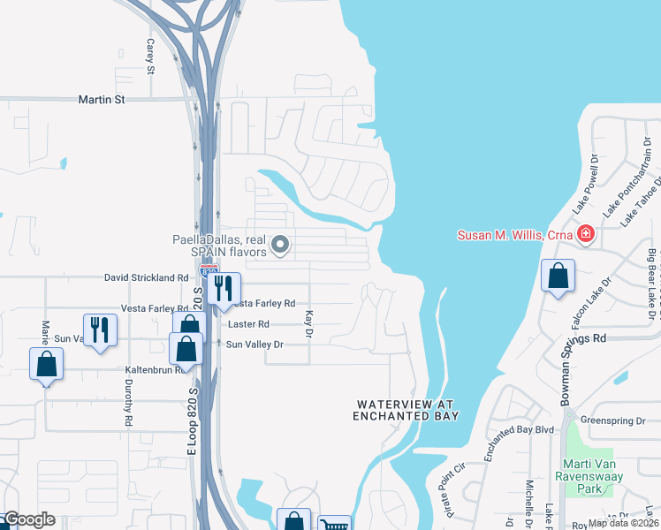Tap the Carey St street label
[151, 57]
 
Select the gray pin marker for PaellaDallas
[280, 245]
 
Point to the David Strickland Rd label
[147, 277]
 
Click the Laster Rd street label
[248, 324]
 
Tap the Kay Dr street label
[308, 323]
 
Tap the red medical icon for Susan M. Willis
[584, 234]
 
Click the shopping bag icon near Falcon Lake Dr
[558, 276]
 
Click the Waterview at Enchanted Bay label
[407, 410]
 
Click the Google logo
[28, 519]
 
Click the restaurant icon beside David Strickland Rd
[224, 288]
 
